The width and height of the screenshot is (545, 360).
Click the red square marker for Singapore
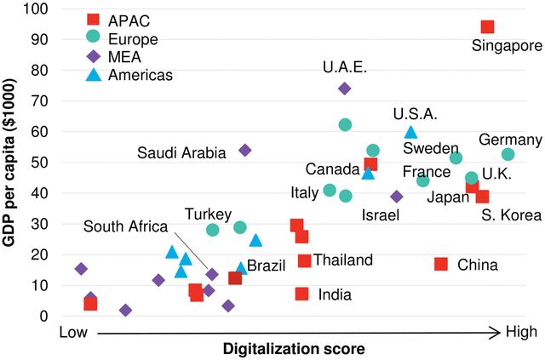(487, 27)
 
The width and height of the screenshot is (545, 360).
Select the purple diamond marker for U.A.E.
(345, 89)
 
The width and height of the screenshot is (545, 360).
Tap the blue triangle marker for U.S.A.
(411, 132)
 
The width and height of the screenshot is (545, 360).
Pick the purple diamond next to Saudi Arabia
(245, 150)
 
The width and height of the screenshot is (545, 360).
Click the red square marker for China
(441, 264)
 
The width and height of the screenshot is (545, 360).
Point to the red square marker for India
(301, 294)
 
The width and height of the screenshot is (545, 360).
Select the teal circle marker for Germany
(508, 154)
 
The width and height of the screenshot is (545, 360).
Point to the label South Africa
(126, 226)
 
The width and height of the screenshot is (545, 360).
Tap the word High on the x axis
(521, 331)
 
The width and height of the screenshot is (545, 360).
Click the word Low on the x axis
(75, 331)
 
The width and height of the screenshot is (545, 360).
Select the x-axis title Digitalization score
(294, 349)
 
